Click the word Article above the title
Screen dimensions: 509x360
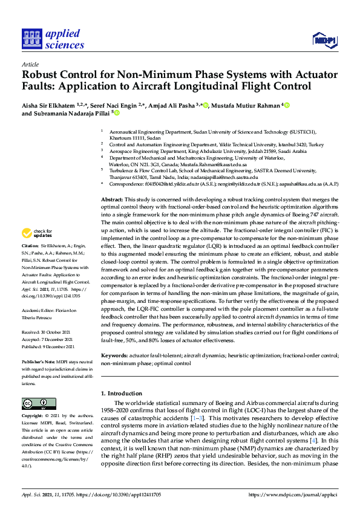click(30, 63)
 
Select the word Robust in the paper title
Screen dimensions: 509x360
click(40, 76)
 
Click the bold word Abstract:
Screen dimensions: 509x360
click(113, 199)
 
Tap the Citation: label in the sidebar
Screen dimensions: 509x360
click(30, 246)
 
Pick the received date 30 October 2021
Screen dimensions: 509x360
click(59, 332)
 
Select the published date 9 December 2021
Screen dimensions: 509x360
click(60, 347)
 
